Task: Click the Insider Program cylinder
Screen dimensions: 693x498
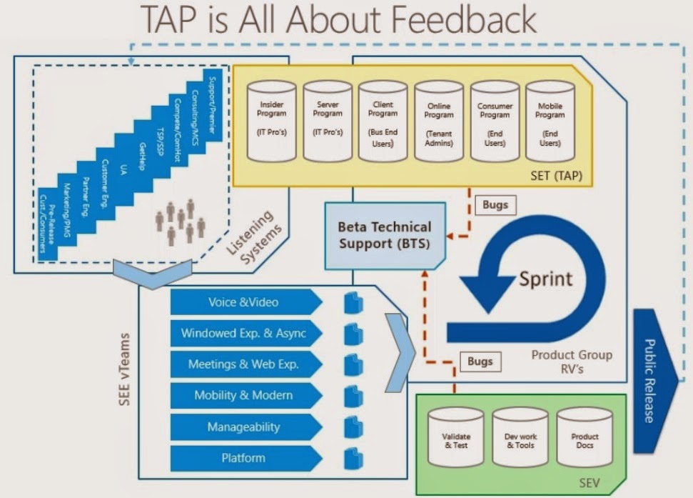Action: (271, 121)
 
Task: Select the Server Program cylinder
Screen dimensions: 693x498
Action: (328, 121)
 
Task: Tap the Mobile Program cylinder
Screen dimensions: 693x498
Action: (550, 121)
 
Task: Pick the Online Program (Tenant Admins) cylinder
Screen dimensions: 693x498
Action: (438, 121)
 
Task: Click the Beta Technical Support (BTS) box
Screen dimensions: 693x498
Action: (385, 236)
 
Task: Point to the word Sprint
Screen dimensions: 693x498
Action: (545, 279)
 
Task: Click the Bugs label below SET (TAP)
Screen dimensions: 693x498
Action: (495, 205)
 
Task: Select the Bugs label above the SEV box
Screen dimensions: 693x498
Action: (480, 362)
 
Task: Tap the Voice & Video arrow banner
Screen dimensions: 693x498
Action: (246, 302)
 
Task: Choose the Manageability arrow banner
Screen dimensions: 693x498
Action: (246, 427)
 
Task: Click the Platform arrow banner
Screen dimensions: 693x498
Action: (246, 458)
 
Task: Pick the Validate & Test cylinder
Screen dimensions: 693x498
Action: (456, 437)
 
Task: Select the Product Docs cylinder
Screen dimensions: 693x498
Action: (585, 437)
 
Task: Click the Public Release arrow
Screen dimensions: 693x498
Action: (655, 381)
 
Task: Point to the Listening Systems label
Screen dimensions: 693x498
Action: (255, 237)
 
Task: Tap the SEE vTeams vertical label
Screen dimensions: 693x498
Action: (124, 369)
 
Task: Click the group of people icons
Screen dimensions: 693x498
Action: (181, 222)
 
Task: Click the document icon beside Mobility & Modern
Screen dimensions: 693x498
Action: (353, 396)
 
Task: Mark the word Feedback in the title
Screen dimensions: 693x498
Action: (464, 19)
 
